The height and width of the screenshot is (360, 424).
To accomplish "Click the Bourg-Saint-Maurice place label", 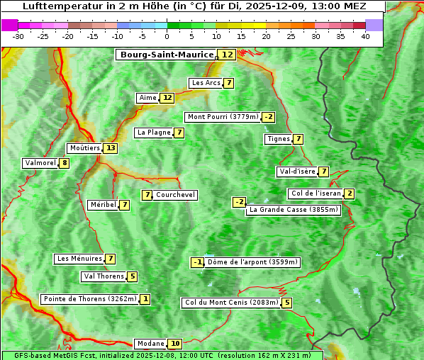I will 167,55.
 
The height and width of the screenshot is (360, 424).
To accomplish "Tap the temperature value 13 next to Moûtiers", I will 110,148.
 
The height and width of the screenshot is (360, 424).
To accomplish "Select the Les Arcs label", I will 206,83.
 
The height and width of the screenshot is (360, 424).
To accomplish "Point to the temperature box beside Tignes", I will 299,139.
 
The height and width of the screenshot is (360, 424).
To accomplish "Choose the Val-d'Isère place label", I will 296,171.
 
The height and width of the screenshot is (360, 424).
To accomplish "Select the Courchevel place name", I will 175,195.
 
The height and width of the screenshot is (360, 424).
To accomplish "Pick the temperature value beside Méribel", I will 125,205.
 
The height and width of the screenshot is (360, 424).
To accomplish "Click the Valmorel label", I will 40,163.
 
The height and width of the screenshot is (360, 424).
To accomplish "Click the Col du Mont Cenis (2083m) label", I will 231,303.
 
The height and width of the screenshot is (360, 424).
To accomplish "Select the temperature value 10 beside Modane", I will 175,344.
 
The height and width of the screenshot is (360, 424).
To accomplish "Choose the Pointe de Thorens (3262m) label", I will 89,299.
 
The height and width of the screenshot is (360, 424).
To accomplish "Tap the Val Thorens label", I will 104,276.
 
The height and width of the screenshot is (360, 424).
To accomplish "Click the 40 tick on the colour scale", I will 365,36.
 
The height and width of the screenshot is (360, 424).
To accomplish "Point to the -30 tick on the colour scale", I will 18,36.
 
